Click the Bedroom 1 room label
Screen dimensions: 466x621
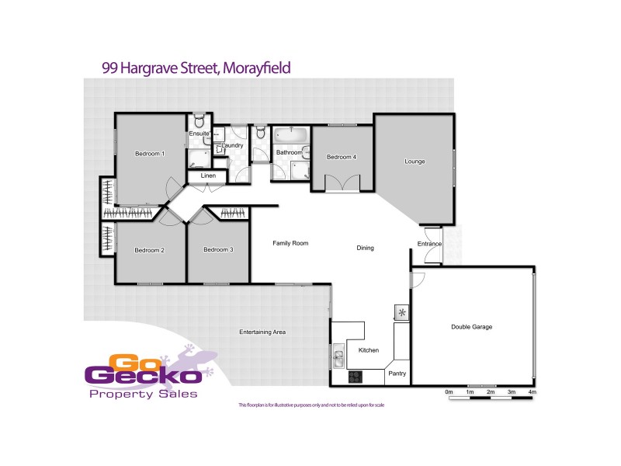click(x=150, y=154)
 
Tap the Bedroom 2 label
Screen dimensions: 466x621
click(x=149, y=250)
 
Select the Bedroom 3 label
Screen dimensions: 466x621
click(x=218, y=250)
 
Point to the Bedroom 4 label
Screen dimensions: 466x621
click(x=342, y=158)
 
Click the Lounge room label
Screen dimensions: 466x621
click(x=415, y=162)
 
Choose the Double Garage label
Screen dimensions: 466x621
click(x=472, y=327)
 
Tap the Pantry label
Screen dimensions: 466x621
click(x=397, y=374)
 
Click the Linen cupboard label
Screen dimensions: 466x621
click(x=208, y=176)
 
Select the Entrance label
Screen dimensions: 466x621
click(x=429, y=244)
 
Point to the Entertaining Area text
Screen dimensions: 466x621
click(x=262, y=332)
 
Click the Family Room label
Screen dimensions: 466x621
click(x=290, y=243)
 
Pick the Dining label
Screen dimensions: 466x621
click(x=365, y=249)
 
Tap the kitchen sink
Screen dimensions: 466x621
click(x=339, y=360)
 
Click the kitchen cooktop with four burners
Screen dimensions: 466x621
click(x=356, y=377)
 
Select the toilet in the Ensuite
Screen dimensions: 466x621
click(x=199, y=121)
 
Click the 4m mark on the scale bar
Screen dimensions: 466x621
click(x=532, y=394)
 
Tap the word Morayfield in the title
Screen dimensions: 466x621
click(x=257, y=68)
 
